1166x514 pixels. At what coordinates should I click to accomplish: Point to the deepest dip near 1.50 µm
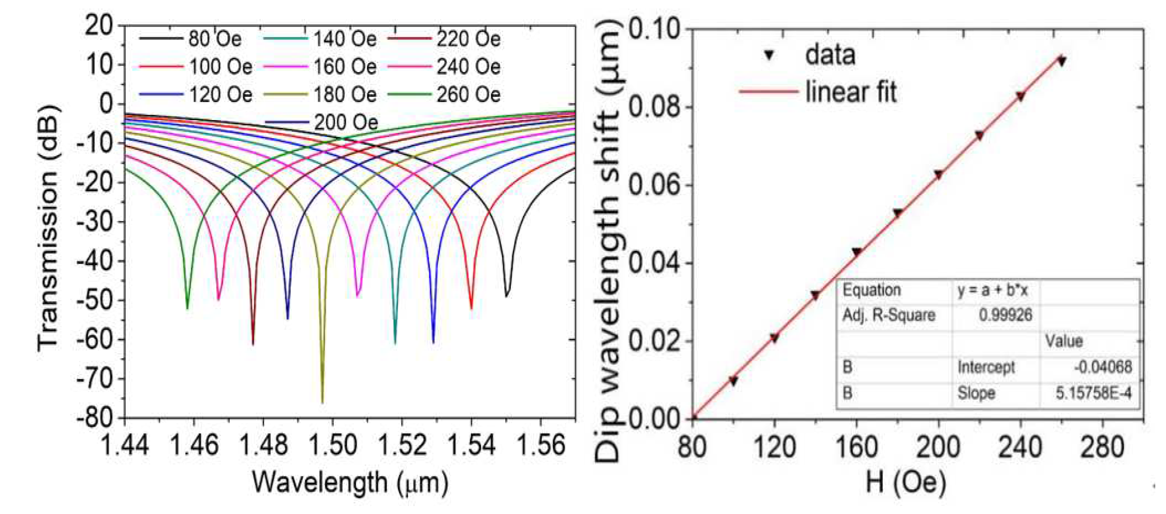(322, 401)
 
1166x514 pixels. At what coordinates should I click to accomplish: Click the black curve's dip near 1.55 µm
(507, 296)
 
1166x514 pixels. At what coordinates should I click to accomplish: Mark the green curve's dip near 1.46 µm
(187, 307)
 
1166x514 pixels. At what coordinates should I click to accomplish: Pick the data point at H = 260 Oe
(1061, 61)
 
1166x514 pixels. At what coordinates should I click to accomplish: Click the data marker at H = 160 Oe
(856, 252)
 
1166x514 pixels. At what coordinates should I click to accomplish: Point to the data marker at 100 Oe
(733, 381)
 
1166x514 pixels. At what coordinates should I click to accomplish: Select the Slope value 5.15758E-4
(1093, 393)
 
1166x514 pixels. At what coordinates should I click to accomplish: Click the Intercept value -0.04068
(1102, 367)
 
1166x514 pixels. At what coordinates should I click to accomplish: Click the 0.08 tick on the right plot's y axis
(654, 107)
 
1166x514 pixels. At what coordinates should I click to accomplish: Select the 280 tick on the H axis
(1102, 447)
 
